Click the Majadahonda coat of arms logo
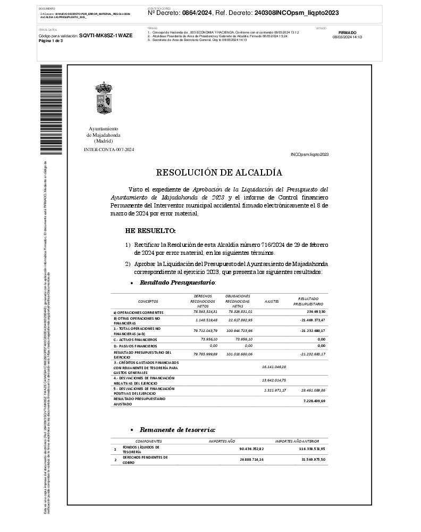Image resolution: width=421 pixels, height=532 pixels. pos(103,98)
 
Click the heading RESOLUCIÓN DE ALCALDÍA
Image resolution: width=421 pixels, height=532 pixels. pos(219,172)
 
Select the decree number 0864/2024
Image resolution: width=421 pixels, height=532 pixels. pos(197,13)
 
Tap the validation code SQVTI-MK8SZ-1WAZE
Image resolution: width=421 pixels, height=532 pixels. pos(106,35)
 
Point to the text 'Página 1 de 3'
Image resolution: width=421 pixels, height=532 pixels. pos(51,40)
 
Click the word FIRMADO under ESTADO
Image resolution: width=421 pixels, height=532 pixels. pos(347,32)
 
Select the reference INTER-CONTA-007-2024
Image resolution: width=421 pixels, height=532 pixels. pos(109,149)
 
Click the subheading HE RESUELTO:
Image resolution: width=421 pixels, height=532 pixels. pos(150,231)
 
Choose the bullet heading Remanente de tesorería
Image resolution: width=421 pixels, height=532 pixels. pos(177,429)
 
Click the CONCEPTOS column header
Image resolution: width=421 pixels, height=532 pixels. pos(148,301)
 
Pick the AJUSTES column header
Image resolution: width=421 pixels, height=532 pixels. pos(272,301)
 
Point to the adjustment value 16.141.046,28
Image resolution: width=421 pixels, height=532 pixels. pos(274,367)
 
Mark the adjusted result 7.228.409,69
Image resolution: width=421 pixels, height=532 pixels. pos(314,401)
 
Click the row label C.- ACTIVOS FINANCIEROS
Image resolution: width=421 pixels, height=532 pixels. pos(135,339)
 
